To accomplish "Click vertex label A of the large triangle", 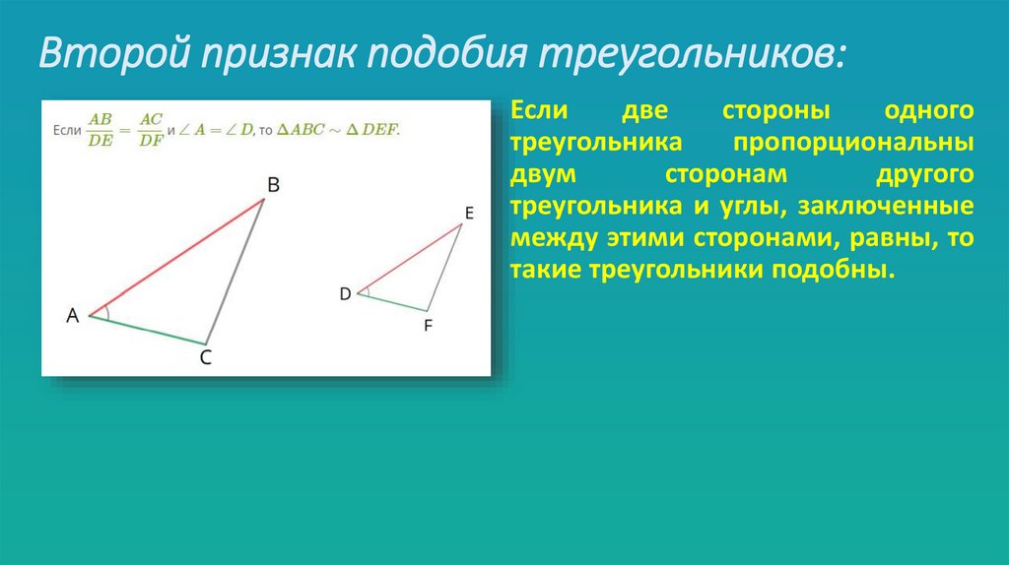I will coord(72,316).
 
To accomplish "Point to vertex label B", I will coord(273,185).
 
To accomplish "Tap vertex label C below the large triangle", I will coord(206,358).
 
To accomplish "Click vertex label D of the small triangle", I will coord(345,293).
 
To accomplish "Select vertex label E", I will coord(468,212).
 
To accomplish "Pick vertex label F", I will coord(428,324).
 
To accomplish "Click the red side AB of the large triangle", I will coord(177,257).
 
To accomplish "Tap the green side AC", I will coord(148,330).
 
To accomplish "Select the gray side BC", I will coord(236,270).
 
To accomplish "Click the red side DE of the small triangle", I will coord(409,258).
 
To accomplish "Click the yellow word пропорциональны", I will coord(853,142).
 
